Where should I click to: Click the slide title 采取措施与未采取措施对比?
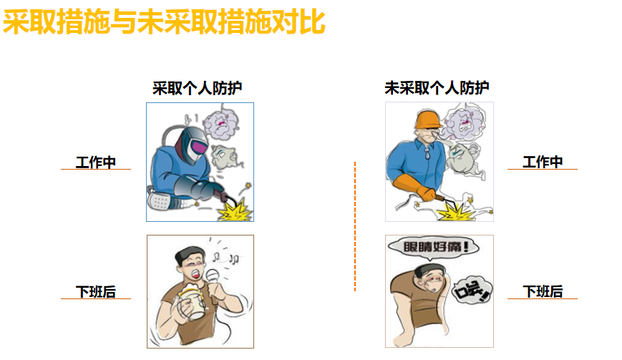(x=164, y=22)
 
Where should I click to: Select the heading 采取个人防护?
(x=197, y=87)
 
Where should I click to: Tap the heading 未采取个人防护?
(x=437, y=87)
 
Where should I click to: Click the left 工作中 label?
(x=96, y=162)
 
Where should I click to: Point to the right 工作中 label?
(x=543, y=162)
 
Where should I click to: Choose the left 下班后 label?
(x=96, y=292)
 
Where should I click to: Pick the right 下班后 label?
(x=543, y=291)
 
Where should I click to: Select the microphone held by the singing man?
(x=213, y=276)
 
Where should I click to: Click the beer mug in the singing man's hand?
(x=191, y=300)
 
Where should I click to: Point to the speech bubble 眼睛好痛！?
(x=434, y=248)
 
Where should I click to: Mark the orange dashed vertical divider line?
(x=355, y=226)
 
